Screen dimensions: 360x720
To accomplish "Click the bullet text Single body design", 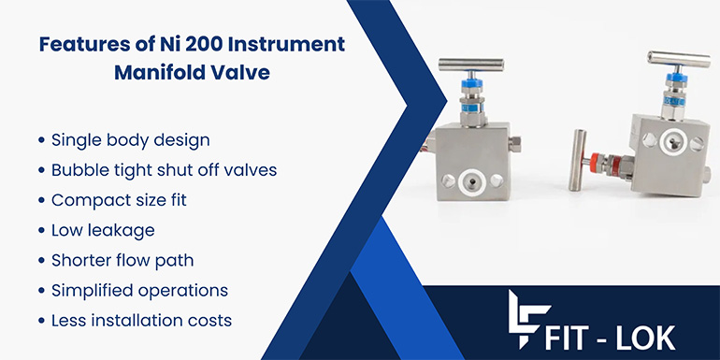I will pyautogui.click(x=130, y=140).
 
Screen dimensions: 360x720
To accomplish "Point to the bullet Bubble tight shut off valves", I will pyautogui.click(x=164, y=170).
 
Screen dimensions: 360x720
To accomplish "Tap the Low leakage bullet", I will pyautogui.click(x=104, y=230).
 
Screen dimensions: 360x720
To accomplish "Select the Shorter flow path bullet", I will pyautogui.click(x=123, y=260).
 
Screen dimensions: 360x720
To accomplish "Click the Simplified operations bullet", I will pyautogui.click(x=139, y=290).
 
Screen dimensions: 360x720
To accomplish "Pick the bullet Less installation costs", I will pyautogui.click(x=141, y=320).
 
